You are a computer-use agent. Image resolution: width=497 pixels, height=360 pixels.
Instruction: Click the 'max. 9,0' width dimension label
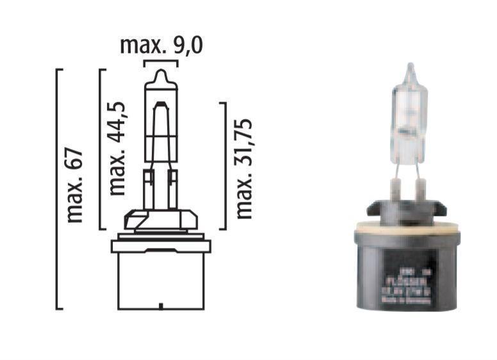coord(158,45)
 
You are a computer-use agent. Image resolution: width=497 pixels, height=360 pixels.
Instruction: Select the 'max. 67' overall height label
coord(75,186)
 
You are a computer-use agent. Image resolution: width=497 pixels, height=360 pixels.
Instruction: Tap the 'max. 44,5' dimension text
coord(117,147)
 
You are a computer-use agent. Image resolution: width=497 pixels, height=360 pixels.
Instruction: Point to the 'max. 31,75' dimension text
coord(244,168)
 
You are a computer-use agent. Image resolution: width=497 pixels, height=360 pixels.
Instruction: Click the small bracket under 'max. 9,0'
coord(159,61)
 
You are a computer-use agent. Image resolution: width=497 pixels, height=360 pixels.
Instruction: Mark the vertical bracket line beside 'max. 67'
coord(58,189)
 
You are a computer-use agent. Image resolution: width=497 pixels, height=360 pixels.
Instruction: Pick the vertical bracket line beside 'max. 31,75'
coord(226,165)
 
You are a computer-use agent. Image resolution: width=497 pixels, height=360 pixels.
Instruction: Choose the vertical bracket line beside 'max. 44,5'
coord(100,149)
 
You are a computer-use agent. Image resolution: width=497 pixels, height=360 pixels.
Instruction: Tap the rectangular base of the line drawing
coord(160,279)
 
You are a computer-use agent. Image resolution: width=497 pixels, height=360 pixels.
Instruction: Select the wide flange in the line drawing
coord(160,245)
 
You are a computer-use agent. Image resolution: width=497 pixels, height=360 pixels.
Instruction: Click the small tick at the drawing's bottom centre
coord(160,306)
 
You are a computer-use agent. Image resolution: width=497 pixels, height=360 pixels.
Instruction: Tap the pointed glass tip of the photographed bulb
coord(411,67)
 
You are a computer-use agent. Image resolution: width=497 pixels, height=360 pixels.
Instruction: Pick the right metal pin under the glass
coord(420,187)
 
